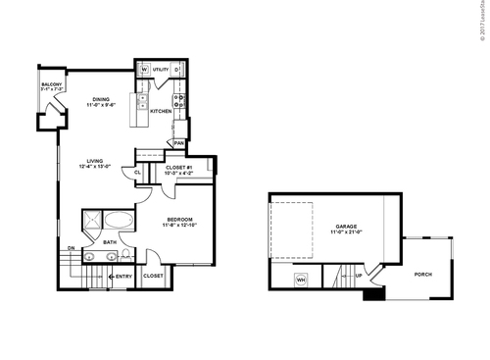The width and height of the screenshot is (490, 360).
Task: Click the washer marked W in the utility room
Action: (x=144, y=70)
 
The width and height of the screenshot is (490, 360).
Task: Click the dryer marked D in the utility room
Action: (x=176, y=70)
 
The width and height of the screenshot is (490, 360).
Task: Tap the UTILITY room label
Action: (x=160, y=70)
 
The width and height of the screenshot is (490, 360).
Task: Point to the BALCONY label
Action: (x=51, y=84)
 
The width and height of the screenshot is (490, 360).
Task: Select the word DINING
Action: (x=101, y=99)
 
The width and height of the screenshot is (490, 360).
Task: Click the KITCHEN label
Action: (x=161, y=111)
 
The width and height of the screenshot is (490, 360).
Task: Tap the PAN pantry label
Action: (x=178, y=142)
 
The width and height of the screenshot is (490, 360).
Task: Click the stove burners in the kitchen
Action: (x=179, y=97)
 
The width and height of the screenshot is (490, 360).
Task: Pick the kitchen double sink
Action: (x=142, y=101)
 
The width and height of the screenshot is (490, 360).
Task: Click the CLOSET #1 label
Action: (x=176, y=167)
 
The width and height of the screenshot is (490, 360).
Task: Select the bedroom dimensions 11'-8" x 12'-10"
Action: (x=178, y=226)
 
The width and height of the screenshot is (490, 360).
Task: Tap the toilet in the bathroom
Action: (x=127, y=257)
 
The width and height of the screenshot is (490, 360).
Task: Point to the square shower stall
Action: (x=91, y=221)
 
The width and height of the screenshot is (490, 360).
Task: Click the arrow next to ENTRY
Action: (x=110, y=277)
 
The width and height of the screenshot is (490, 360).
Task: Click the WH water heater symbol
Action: (x=301, y=280)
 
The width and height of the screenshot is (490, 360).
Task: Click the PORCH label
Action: (x=423, y=274)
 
